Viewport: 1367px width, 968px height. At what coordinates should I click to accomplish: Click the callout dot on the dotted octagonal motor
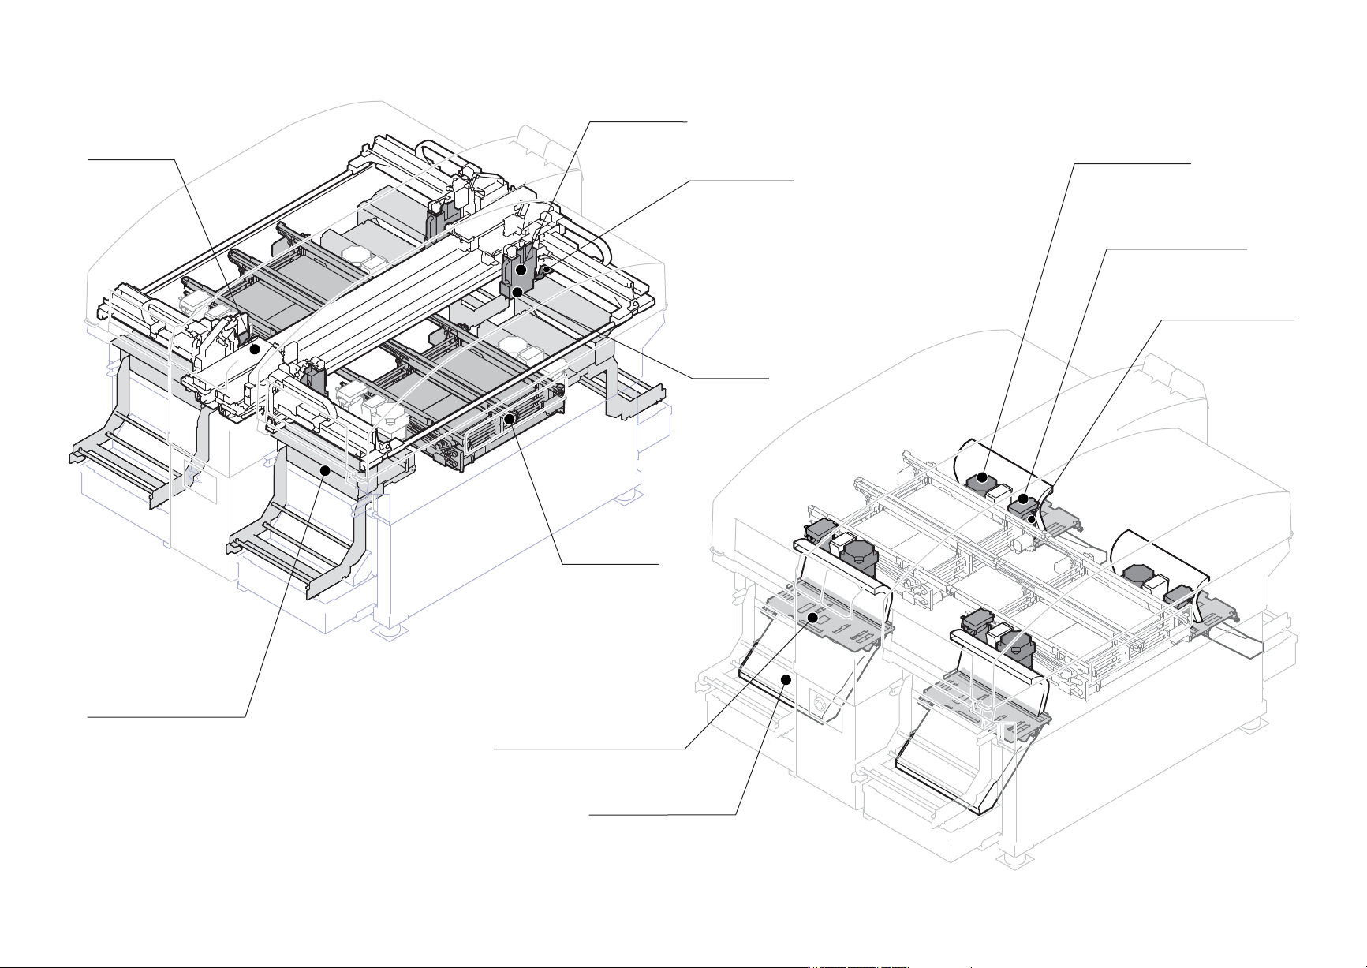click(x=982, y=477)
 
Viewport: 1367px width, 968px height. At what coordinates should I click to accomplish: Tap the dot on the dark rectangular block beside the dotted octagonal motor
click(x=1023, y=499)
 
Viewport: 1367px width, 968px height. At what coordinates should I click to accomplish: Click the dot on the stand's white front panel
click(x=785, y=679)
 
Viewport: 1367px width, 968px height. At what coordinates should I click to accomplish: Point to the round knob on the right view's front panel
click(x=820, y=702)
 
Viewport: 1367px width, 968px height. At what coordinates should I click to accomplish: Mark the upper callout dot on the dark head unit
click(x=521, y=271)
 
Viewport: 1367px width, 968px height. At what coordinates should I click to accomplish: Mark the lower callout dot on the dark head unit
click(x=517, y=293)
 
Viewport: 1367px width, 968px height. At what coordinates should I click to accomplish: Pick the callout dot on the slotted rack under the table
click(x=510, y=418)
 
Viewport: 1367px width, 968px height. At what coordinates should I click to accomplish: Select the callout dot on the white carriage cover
click(x=254, y=348)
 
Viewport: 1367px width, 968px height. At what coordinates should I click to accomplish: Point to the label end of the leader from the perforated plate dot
click(x=495, y=749)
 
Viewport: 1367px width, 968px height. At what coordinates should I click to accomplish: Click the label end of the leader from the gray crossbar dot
click(x=88, y=717)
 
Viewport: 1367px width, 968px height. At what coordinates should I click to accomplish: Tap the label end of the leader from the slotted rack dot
click(x=656, y=564)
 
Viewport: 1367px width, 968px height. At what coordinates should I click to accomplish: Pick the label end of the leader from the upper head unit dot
click(x=686, y=122)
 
